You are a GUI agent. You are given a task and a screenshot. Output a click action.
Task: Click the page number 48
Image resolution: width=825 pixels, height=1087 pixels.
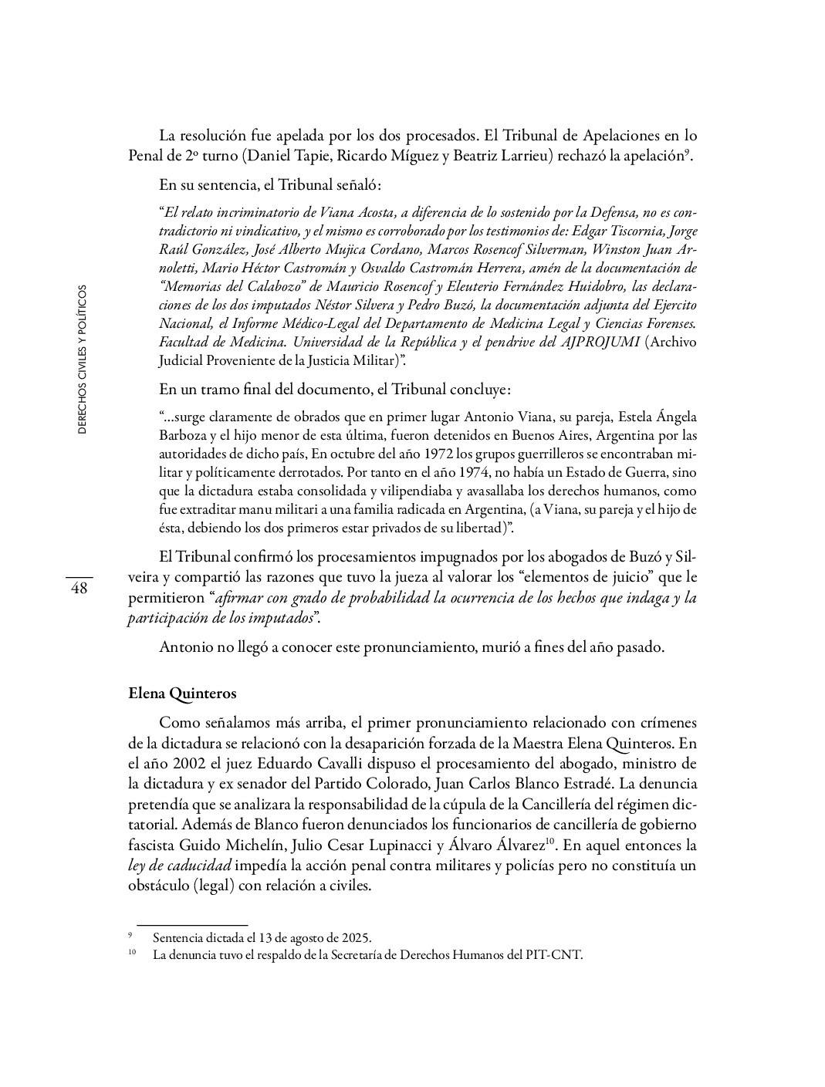[79, 589]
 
